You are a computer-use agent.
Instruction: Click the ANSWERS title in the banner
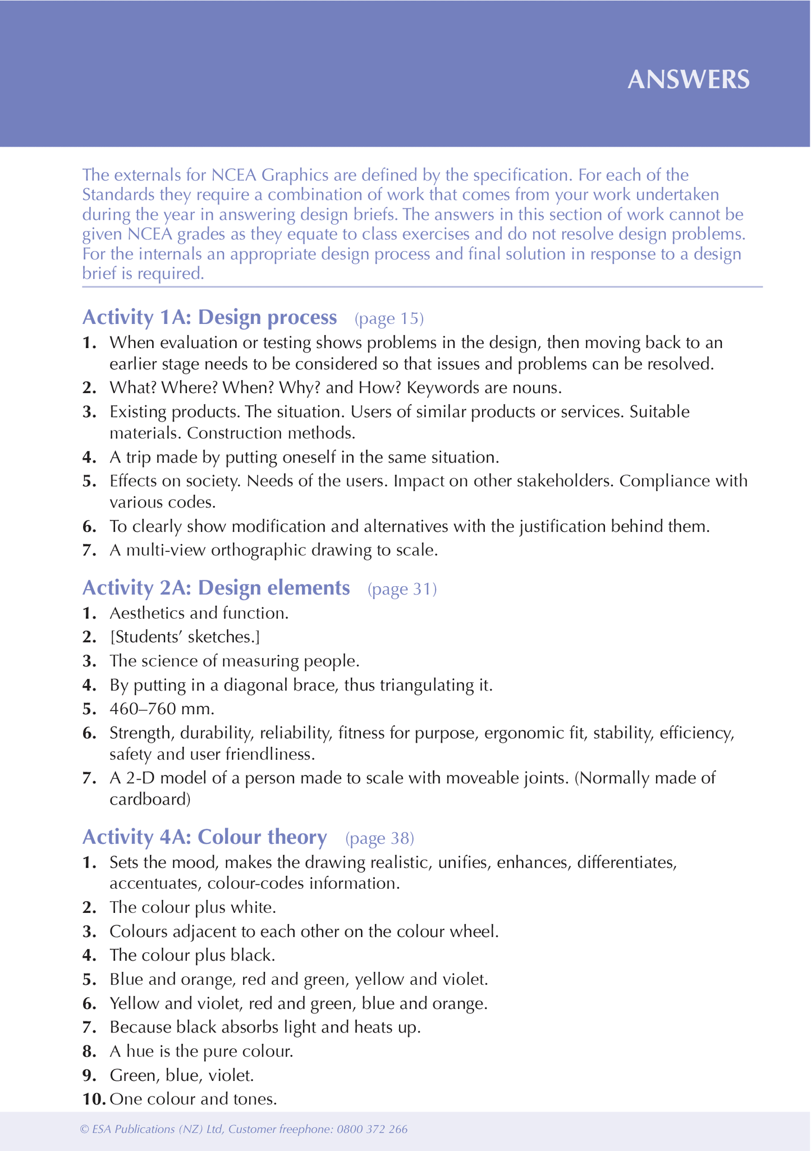[688, 80]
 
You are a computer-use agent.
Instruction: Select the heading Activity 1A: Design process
[209, 318]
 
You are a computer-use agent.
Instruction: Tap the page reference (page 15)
[389, 319]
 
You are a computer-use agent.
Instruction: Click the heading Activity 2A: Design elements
[216, 588]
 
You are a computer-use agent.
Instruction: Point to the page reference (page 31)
[402, 589]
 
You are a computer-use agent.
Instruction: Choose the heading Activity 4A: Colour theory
[204, 837]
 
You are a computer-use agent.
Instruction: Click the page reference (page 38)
[379, 838]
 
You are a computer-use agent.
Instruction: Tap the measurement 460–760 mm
[162, 709]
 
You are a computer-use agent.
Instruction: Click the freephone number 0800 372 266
[372, 1129]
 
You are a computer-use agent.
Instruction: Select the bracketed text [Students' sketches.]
[185, 637]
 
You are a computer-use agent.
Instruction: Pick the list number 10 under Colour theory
[94, 1099]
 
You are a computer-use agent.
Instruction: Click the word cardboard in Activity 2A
[149, 799]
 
